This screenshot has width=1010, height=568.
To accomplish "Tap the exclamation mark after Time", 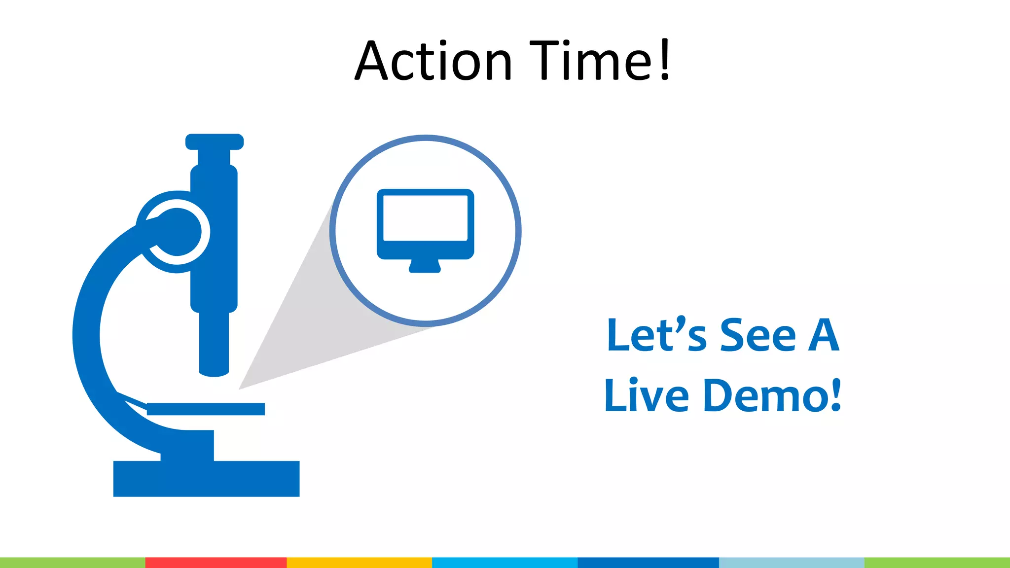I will [665, 60].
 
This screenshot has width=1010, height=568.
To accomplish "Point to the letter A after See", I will [823, 335].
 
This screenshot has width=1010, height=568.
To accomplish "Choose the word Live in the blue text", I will [647, 395].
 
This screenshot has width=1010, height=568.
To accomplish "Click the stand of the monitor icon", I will [425, 267].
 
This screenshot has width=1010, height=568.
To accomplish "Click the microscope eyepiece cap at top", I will [215, 142].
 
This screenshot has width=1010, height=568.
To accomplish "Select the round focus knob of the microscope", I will [177, 232].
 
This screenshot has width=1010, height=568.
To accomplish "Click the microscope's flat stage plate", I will [206, 409].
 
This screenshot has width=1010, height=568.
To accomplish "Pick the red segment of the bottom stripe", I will [216, 563].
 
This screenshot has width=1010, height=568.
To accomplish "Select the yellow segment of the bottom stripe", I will [359, 563].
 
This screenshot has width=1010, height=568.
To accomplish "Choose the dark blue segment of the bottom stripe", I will [648, 563].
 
